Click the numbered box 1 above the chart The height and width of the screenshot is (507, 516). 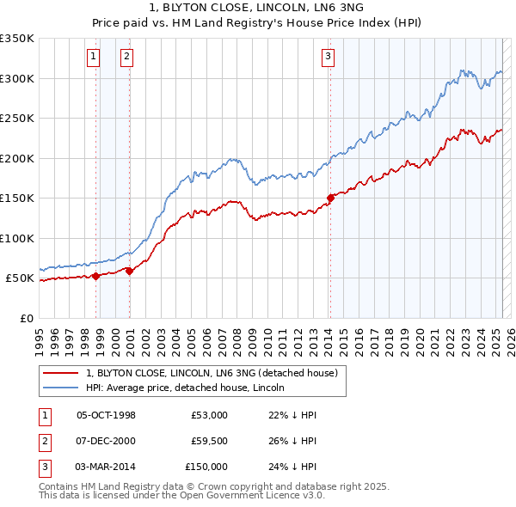pos(92,58)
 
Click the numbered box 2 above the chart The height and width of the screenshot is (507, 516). pos(126,58)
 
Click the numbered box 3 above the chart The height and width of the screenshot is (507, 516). pos(328,58)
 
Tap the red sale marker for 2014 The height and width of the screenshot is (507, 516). pos(330,199)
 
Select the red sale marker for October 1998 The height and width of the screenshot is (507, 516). pos(96,276)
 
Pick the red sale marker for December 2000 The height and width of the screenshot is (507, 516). pos(130,271)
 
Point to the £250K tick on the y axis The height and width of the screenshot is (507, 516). pos(17,119)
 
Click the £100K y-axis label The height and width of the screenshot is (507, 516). pos(17,238)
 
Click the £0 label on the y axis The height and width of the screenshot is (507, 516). pos(26,318)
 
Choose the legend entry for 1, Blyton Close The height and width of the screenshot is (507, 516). pos(215,373)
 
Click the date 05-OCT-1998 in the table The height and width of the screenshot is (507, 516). pos(107,415)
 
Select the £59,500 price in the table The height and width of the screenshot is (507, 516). pos(209,441)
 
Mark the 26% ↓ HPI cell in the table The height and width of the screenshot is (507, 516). pos(293,441)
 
